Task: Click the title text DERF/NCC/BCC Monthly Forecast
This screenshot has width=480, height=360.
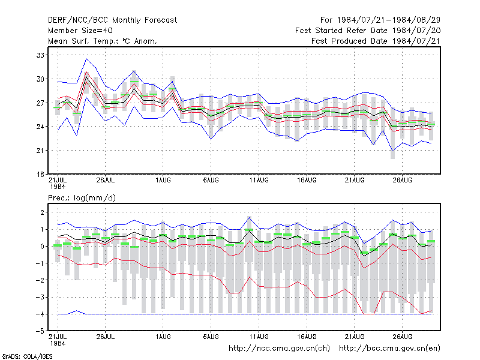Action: tap(112, 20)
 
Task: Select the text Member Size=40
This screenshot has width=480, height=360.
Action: tap(80, 31)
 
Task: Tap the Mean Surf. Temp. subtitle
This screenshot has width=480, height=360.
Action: tap(103, 41)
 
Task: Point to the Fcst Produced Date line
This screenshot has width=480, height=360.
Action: tap(376, 41)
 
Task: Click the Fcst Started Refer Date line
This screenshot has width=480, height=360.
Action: tap(368, 31)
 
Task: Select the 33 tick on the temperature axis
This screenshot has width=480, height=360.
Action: tap(40, 55)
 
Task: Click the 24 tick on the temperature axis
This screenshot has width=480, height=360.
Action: tap(40, 127)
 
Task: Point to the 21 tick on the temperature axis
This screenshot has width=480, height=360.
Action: tap(40, 151)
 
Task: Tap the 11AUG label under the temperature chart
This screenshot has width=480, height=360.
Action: tap(259, 180)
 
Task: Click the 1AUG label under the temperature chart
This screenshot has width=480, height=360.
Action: tap(163, 180)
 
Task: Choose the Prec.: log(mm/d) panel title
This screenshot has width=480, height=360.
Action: tap(82, 198)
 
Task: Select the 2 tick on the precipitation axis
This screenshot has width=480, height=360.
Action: tap(42, 212)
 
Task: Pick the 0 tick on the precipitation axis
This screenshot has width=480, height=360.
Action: tap(42, 247)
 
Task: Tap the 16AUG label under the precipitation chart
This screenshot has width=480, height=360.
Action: tap(307, 337)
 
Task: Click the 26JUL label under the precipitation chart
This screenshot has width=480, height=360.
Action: tap(106, 337)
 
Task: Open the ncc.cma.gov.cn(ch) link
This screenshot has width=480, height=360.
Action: tap(279, 349)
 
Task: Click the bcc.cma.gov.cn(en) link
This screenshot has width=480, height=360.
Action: tap(389, 349)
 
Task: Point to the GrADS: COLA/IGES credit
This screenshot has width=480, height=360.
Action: tap(27, 356)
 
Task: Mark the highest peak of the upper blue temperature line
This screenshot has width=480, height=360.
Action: tap(86, 58)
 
